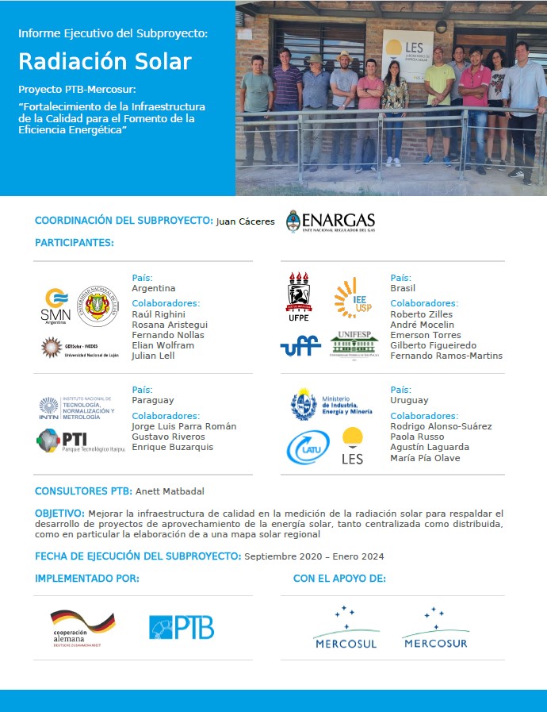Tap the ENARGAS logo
[x=331, y=221]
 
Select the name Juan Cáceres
[x=245, y=222]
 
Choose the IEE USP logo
[x=351, y=298]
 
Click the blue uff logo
[x=300, y=346]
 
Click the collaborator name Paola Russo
[x=417, y=437]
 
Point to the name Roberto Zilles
[x=422, y=314]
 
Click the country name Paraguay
[x=153, y=401]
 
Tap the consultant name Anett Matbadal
[x=170, y=491]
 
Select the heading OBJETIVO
[x=59, y=514]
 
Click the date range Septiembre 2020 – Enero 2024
[x=314, y=556]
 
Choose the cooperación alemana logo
[x=82, y=628]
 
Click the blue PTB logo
[x=182, y=627]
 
